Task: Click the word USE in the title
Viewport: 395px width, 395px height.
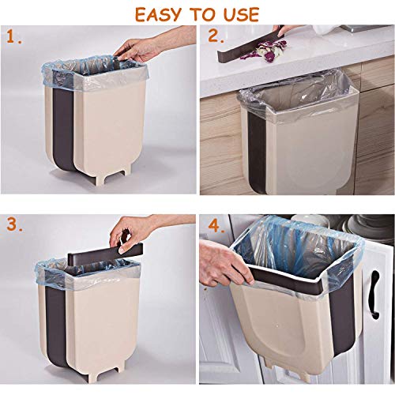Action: (241, 14)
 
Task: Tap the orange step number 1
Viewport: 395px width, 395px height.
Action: (13, 36)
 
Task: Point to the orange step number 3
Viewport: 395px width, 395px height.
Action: (14, 224)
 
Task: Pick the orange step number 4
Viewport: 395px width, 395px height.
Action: (216, 225)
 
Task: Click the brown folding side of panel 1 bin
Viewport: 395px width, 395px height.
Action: (64, 126)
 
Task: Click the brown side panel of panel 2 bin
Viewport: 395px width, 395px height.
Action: (257, 152)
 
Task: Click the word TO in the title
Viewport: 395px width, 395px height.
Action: (200, 14)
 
